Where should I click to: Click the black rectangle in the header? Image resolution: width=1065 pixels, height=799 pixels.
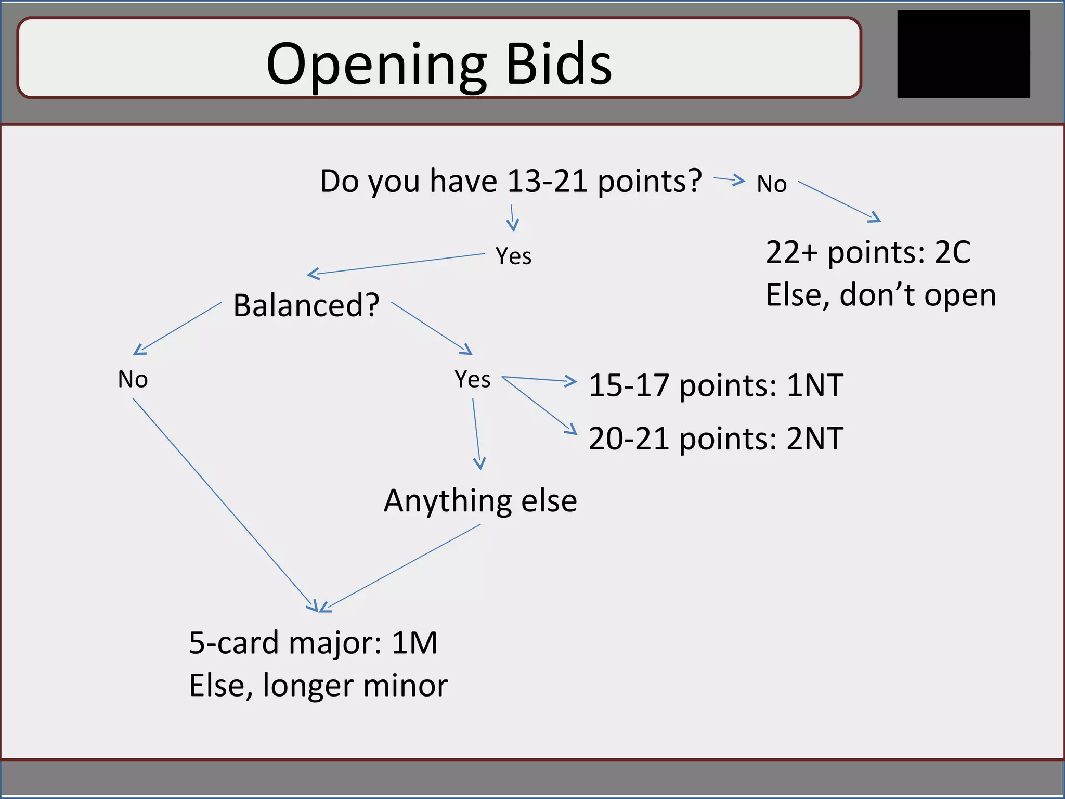pyautogui.click(x=963, y=54)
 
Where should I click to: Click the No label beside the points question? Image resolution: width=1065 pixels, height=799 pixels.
pyautogui.click(x=772, y=184)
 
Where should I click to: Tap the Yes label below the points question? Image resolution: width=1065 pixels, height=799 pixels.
pyautogui.click(x=513, y=256)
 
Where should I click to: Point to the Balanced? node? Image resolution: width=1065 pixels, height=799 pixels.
pyautogui.click(x=306, y=305)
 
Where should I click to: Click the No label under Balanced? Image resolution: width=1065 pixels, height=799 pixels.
pyautogui.click(x=133, y=379)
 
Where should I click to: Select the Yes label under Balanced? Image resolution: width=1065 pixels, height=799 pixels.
pyautogui.click(x=472, y=379)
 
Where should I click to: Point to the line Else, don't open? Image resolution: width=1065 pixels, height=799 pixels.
pyautogui.click(x=880, y=295)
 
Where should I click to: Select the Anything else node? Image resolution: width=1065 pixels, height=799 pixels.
pyautogui.click(x=480, y=501)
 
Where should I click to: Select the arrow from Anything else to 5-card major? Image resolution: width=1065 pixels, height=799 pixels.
pyautogui.click(x=400, y=568)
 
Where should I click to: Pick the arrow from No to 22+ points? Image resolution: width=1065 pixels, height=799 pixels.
pyautogui.click(x=838, y=201)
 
